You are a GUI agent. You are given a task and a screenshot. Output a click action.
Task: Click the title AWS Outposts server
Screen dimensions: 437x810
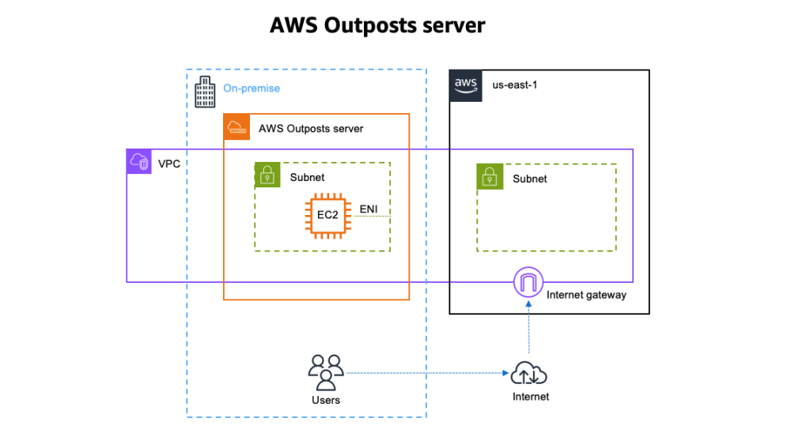377,25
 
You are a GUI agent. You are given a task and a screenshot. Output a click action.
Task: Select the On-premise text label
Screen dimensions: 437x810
252,89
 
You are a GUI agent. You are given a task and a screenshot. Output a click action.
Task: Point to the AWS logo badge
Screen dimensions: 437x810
465,85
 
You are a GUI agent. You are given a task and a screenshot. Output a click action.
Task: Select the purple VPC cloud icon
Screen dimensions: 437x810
140,162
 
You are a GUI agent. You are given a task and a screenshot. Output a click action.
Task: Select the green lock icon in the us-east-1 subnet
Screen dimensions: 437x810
490,177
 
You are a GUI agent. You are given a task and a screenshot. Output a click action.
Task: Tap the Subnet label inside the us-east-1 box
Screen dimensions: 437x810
530,179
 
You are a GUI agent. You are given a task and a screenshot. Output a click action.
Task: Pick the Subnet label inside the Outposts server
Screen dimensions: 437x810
308,178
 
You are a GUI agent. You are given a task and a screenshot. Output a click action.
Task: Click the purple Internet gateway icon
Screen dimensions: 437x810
528,282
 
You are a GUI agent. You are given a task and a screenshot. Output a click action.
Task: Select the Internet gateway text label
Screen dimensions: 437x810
586,295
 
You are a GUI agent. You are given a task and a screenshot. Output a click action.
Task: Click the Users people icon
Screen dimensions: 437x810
325,372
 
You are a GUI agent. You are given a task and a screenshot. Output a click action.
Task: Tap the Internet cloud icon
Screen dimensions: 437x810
529,373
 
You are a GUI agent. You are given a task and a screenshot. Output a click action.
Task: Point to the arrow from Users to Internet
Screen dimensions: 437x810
427,373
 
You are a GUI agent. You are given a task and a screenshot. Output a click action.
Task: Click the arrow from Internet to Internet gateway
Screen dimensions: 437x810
528,328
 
